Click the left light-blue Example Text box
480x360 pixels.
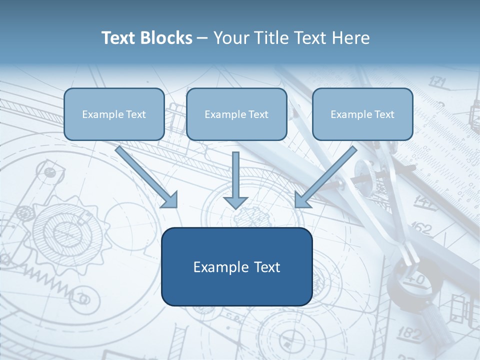click(114, 114)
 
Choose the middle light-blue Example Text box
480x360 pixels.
click(236, 114)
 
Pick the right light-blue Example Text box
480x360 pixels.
click(362, 114)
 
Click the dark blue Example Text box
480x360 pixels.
click(236, 266)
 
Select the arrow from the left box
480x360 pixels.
click(147, 177)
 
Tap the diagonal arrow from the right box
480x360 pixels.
click(325, 177)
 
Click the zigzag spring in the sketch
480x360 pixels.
click(47, 282)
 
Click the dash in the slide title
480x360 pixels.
click(202, 38)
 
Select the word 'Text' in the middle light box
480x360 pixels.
click(257, 114)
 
